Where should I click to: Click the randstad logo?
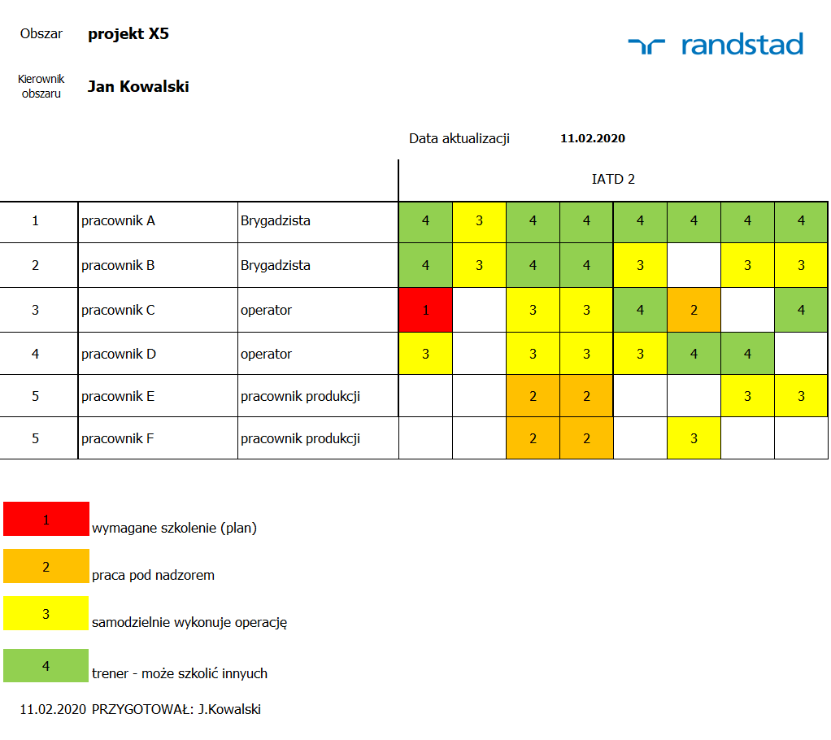coord(716,44)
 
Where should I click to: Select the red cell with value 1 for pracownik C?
coord(425,310)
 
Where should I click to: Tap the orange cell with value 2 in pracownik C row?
coord(694,310)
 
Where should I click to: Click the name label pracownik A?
coord(118,220)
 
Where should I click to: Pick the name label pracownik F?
coord(118,438)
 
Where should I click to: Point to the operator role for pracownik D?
coord(266,354)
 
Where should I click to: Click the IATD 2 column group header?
coord(613,179)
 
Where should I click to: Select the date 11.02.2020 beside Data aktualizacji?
coord(593,138)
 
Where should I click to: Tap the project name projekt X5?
coord(128,34)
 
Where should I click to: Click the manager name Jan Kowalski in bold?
coord(138,86)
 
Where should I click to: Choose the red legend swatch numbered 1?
coord(46,519)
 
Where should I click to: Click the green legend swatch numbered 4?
coord(46,665)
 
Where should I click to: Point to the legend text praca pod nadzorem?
coord(154,575)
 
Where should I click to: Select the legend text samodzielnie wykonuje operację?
coord(189,623)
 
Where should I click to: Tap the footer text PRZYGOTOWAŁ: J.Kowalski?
coord(176,709)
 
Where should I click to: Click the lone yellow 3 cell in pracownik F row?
coord(694,438)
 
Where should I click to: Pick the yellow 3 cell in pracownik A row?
coord(479,220)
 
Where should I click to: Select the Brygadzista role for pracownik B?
coord(275,265)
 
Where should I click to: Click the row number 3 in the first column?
coord(35,310)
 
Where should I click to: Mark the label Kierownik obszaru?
coord(41,86)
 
